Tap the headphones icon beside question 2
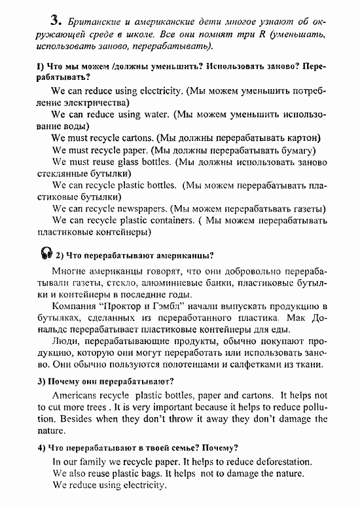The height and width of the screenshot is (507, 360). point(46,254)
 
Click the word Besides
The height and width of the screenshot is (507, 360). point(71,419)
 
